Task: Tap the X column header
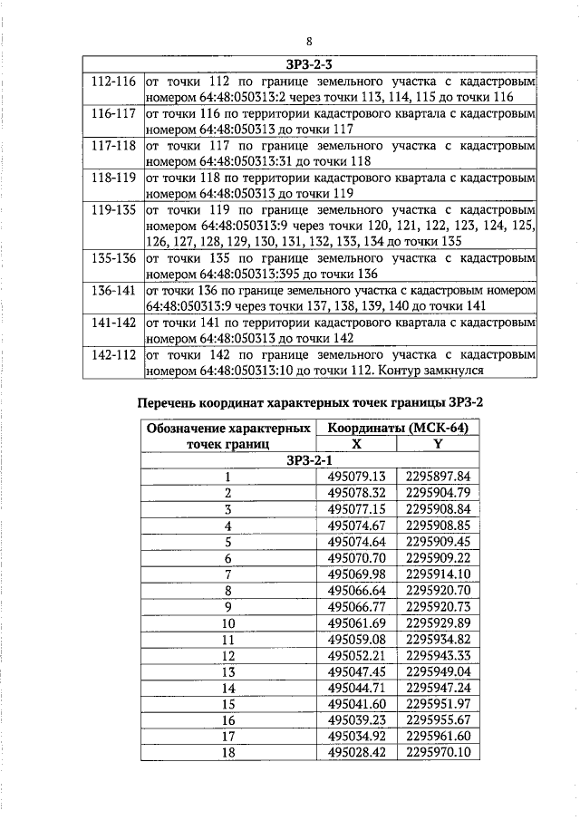pyautogui.click(x=356, y=444)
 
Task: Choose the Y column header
pyautogui.click(x=438, y=444)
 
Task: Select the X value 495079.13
pyautogui.click(x=357, y=477)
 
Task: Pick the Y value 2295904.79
pyautogui.click(x=438, y=493)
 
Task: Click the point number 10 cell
pyautogui.click(x=228, y=623)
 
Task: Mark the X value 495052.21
pyautogui.click(x=357, y=655)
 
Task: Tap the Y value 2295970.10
pyautogui.click(x=438, y=752)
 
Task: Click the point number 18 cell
pyautogui.click(x=228, y=752)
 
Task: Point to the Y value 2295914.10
pyautogui.click(x=438, y=574)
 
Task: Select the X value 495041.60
pyautogui.click(x=357, y=704)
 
